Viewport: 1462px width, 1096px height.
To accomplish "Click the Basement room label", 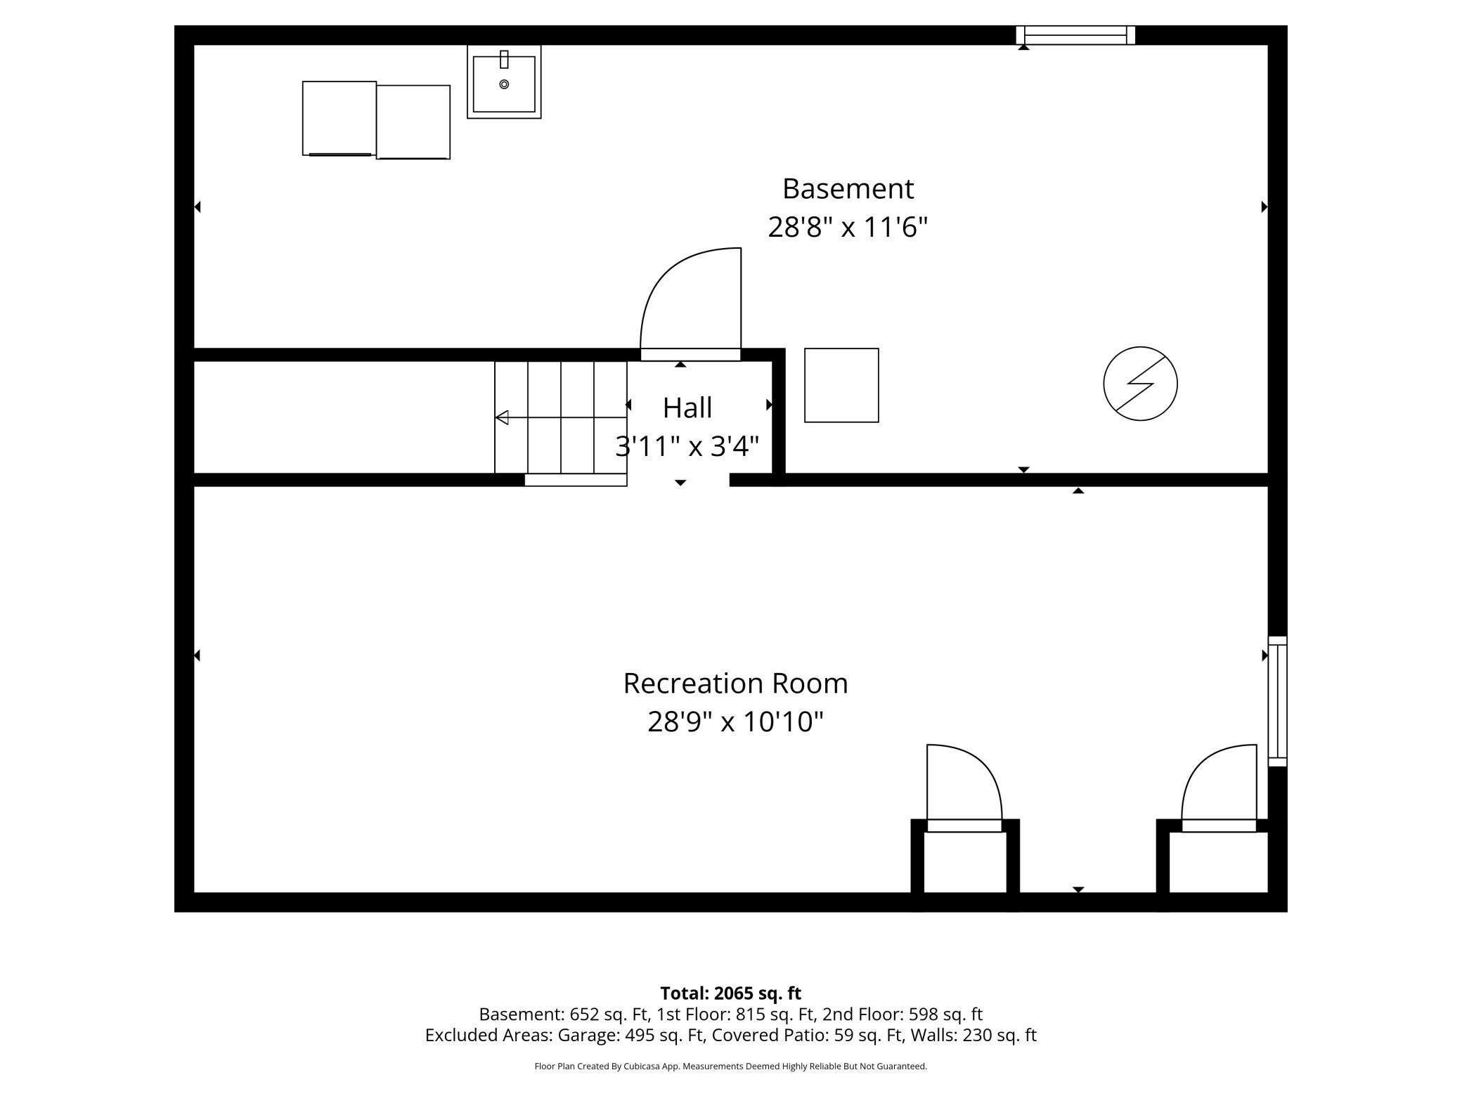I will pos(848,189).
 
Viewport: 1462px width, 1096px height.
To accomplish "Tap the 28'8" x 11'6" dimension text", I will pos(848,228).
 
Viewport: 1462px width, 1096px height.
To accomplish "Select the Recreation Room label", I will pos(735,684).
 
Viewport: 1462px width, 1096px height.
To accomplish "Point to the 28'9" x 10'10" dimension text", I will pos(735,722).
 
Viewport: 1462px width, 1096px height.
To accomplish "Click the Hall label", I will pos(687,408).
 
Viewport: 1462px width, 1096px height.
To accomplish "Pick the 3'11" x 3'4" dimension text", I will pos(687,446).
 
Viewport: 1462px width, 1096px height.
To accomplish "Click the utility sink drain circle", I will pos(504,84).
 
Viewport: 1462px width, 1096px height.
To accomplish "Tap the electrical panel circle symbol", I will pos(1140,384).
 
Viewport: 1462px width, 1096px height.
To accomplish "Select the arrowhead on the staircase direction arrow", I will pos(502,418).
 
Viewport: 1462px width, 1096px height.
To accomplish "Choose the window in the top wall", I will pos(1075,35).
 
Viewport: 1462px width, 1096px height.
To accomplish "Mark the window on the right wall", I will pos(1277,701).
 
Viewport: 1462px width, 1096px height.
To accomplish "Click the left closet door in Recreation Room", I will pos(963,787).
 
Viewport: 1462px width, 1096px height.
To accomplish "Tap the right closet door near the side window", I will pos(1220,787).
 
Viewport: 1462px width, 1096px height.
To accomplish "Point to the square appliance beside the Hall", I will pos(841,385).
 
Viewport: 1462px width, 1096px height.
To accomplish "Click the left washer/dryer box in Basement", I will pos(339,118).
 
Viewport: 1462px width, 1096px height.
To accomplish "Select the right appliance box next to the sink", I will pos(413,122).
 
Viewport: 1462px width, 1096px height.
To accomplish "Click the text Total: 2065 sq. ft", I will pos(730,993).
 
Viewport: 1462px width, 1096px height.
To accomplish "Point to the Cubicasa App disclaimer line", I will pos(730,1066).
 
